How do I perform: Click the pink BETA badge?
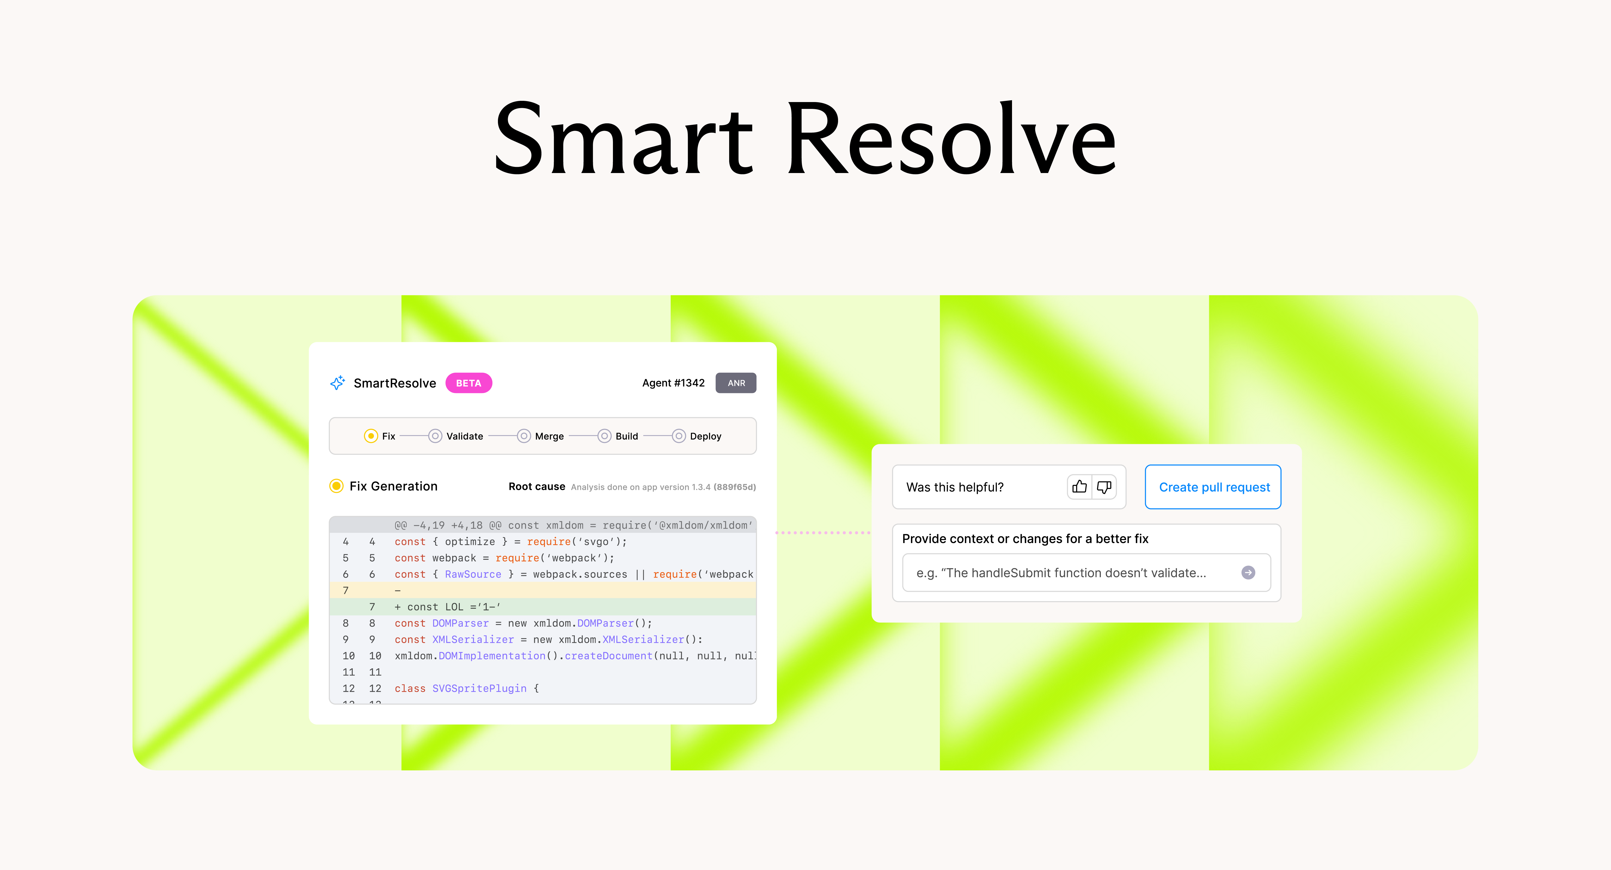pos(468,383)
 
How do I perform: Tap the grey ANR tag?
pos(736,383)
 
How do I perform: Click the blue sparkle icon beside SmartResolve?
pos(338,383)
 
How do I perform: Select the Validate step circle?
pos(435,436)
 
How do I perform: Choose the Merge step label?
pos(549,436)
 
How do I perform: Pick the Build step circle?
pos(604,436)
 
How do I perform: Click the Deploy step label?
pos(705,436)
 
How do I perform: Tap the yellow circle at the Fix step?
pos(371,436)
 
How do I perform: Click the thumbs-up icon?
pos(1079,487)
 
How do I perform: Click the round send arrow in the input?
pos(1248,572)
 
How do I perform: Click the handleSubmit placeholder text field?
pos(1086,572)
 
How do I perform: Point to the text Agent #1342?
pos(674,383)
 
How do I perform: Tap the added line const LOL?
pos(447,607)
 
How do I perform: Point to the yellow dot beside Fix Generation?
pos(336,486)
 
